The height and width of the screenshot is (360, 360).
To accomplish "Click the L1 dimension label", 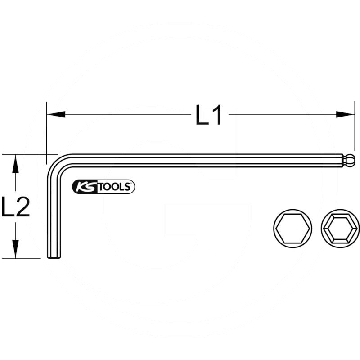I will tap(209, 115).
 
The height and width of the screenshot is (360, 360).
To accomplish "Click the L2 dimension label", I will tap(16, 207).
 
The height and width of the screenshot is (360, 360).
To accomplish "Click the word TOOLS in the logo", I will tap(114, 187).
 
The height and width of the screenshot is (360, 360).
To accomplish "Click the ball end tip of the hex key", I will tap(350, 160).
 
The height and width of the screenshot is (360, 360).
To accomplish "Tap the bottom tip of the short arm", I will tap(54, 257).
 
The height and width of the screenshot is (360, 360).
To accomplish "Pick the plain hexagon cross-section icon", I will tap(293, 229).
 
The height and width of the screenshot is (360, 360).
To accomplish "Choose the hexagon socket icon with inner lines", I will tap(340, 229).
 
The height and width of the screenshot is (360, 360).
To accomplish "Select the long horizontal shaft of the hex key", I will tap(202, 161).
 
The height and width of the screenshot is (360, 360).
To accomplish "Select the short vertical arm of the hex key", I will tap(54, 211).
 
